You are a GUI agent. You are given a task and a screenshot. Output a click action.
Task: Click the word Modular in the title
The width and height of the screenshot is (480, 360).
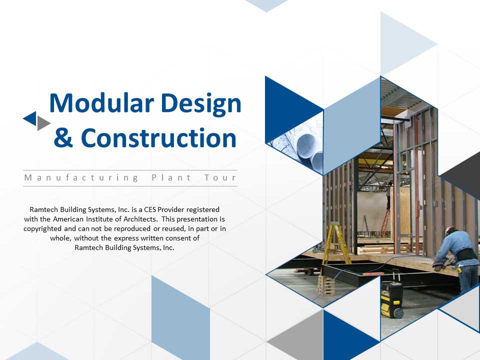[101, 103]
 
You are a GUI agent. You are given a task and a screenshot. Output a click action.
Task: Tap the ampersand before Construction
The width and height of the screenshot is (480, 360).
[63, 138]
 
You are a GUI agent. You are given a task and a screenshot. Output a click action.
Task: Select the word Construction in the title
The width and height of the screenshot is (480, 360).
[158, 138]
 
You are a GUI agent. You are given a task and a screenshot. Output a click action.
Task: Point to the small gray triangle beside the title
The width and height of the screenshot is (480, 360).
[42, 123]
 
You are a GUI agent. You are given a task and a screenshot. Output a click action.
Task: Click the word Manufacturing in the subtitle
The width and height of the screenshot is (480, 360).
[81, 178]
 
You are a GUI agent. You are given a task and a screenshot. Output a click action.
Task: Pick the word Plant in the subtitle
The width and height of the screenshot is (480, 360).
[171, 177]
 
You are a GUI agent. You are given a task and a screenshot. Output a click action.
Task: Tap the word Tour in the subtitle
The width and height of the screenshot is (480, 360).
[220, 177]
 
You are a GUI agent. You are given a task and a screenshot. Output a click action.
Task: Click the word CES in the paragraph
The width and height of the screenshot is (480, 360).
[150, 209]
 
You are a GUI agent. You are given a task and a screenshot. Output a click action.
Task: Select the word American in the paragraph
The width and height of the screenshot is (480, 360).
[68, 219]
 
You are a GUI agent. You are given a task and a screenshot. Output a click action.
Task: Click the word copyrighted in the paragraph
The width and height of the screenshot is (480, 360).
[42, 229]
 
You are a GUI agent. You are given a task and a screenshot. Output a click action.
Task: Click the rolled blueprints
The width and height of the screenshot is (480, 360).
[306, 147]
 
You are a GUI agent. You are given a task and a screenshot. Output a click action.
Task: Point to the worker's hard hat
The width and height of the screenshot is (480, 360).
[449, 229]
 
